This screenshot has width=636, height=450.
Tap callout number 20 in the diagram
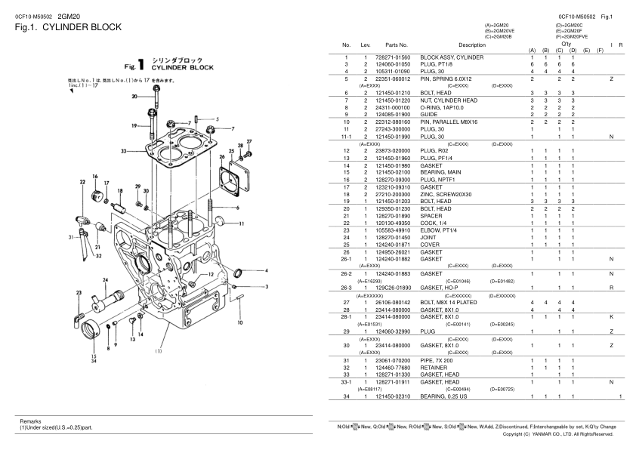[134, 96]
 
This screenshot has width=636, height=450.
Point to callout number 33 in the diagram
[123, 151]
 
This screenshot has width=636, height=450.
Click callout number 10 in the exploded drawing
[239, 322]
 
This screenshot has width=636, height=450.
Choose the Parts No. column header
[397, 45]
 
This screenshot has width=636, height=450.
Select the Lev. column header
[366, 45]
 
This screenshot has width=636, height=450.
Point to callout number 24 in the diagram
[104, 279]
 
